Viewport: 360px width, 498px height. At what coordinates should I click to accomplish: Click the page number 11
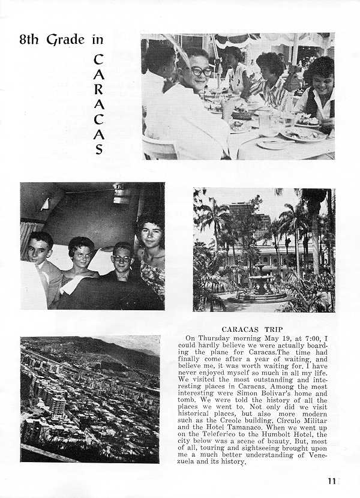(332, 480)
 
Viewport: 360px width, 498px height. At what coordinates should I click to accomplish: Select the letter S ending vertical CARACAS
(99, 149)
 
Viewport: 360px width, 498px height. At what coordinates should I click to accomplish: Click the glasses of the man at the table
(201, 71)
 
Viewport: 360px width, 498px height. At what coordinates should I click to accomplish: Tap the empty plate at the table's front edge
(273, 144)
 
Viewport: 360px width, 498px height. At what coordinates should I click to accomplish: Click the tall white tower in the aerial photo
(58, 406)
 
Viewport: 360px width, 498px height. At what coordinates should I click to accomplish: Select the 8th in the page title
(29, 40)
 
